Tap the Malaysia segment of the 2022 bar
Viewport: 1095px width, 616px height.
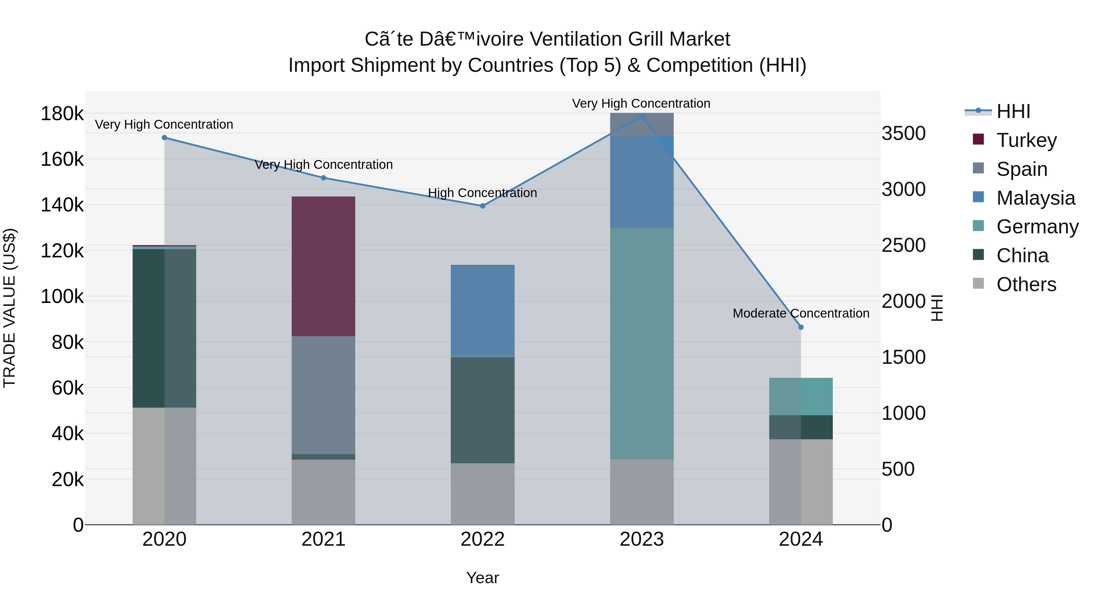tap(482, 310)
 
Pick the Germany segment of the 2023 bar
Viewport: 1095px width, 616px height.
tap(641, 343)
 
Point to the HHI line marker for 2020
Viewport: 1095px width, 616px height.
tap(165, 138)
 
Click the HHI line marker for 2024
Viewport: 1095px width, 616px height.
tap(801, 327)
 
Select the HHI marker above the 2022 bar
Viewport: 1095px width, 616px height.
tap(482, 206)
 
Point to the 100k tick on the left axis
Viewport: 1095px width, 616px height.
tap(62, 297)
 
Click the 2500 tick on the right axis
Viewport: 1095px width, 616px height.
tap(903, 245)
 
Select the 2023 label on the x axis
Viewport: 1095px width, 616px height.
tap(641, 539)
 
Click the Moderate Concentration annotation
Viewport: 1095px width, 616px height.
tap(801, 313)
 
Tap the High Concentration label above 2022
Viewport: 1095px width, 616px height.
tap(482, 193)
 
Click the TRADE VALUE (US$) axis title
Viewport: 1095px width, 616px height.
tap(9, 308)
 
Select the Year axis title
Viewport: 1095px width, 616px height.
tap(482, 578)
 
